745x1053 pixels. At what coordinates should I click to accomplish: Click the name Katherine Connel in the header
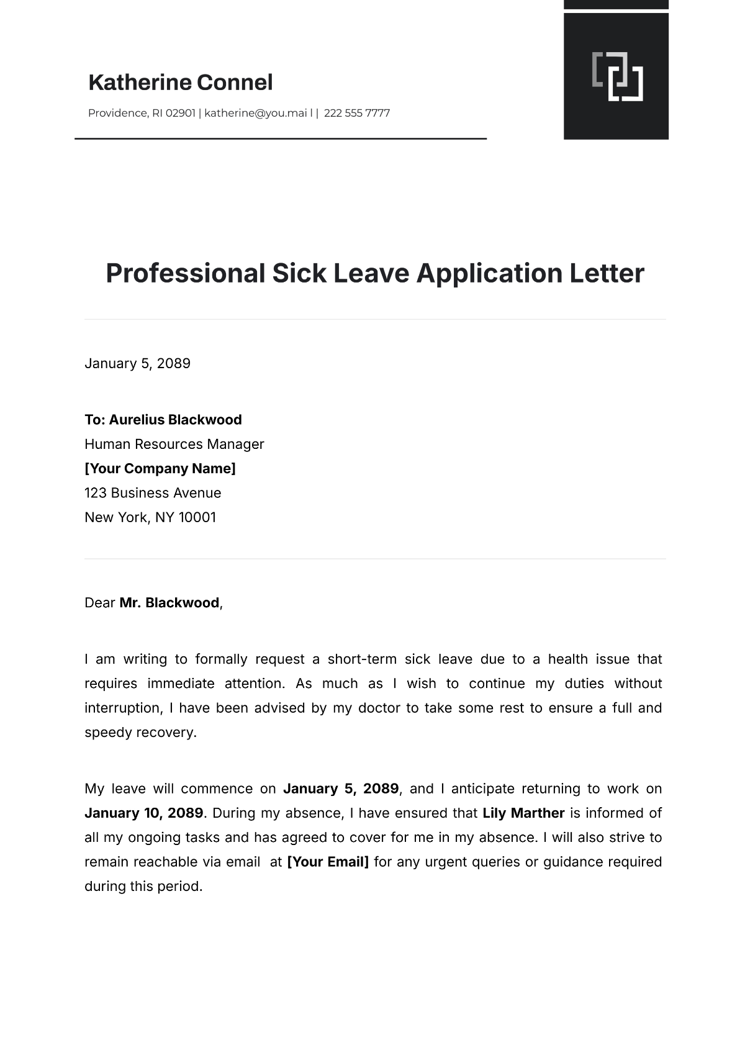[x=180, y=83]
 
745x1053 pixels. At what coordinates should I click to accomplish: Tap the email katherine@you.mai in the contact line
[x=255, y=113]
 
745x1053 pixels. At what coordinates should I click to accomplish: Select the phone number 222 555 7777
[x=356, y=113]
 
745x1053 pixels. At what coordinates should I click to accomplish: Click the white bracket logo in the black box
[x=617, y=76]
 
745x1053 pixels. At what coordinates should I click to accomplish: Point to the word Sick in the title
[x=299, y=273]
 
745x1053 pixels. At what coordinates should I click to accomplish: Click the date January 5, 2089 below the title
[x=137, y=363]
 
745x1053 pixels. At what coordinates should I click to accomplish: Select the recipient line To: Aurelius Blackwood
[x=163, y=420]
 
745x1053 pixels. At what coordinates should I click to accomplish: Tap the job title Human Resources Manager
[x=174, y=444]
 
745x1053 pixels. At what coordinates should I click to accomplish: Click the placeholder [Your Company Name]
[x=160, y=468]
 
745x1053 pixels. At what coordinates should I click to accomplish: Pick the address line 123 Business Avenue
[x=153, y=493]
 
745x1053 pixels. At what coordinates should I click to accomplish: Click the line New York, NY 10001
[x=150, y=517]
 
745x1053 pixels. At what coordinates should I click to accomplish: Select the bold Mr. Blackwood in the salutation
[x=169, y=603]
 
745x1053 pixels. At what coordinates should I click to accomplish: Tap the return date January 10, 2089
[x=144, y=813]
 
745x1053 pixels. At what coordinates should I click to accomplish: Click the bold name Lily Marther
[x=523, y=813]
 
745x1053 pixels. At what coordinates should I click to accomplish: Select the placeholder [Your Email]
[x=328, y=862]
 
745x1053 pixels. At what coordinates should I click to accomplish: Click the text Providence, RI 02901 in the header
[x=142, y=113]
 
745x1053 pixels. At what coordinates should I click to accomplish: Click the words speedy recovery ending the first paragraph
[x=140, y=733]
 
